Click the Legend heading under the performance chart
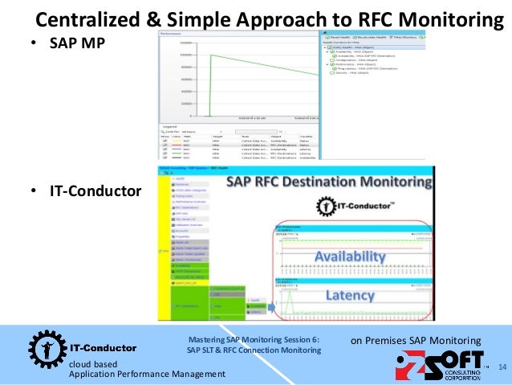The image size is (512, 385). click(169, 126)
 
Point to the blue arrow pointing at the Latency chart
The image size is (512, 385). click(270, 305)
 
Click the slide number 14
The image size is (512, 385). click(503, 368)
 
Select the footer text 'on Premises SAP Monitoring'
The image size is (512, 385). click(416, 341)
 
